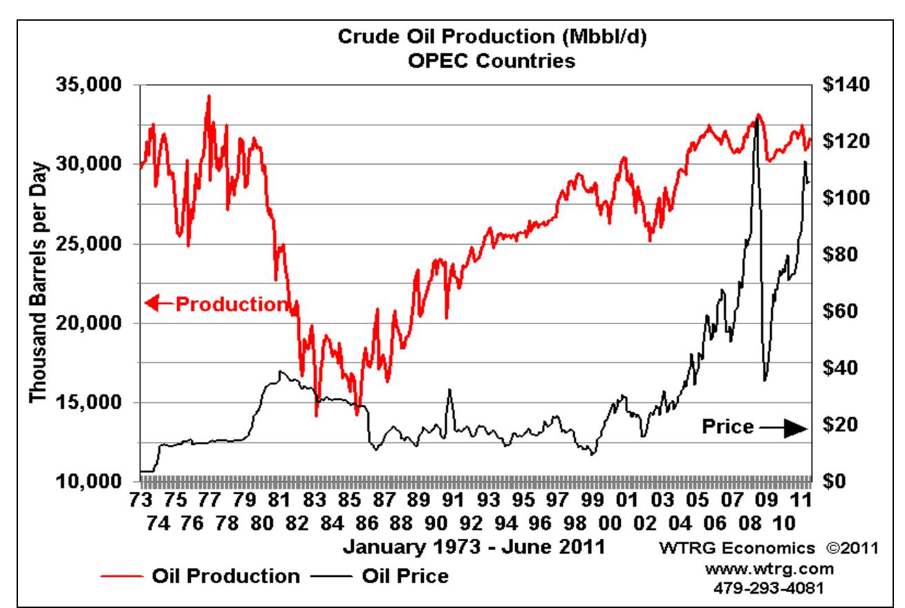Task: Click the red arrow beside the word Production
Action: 156,303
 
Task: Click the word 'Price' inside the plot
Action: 728,428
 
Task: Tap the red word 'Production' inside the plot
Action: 230,303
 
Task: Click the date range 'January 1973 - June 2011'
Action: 474,547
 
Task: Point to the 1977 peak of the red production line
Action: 209,96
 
